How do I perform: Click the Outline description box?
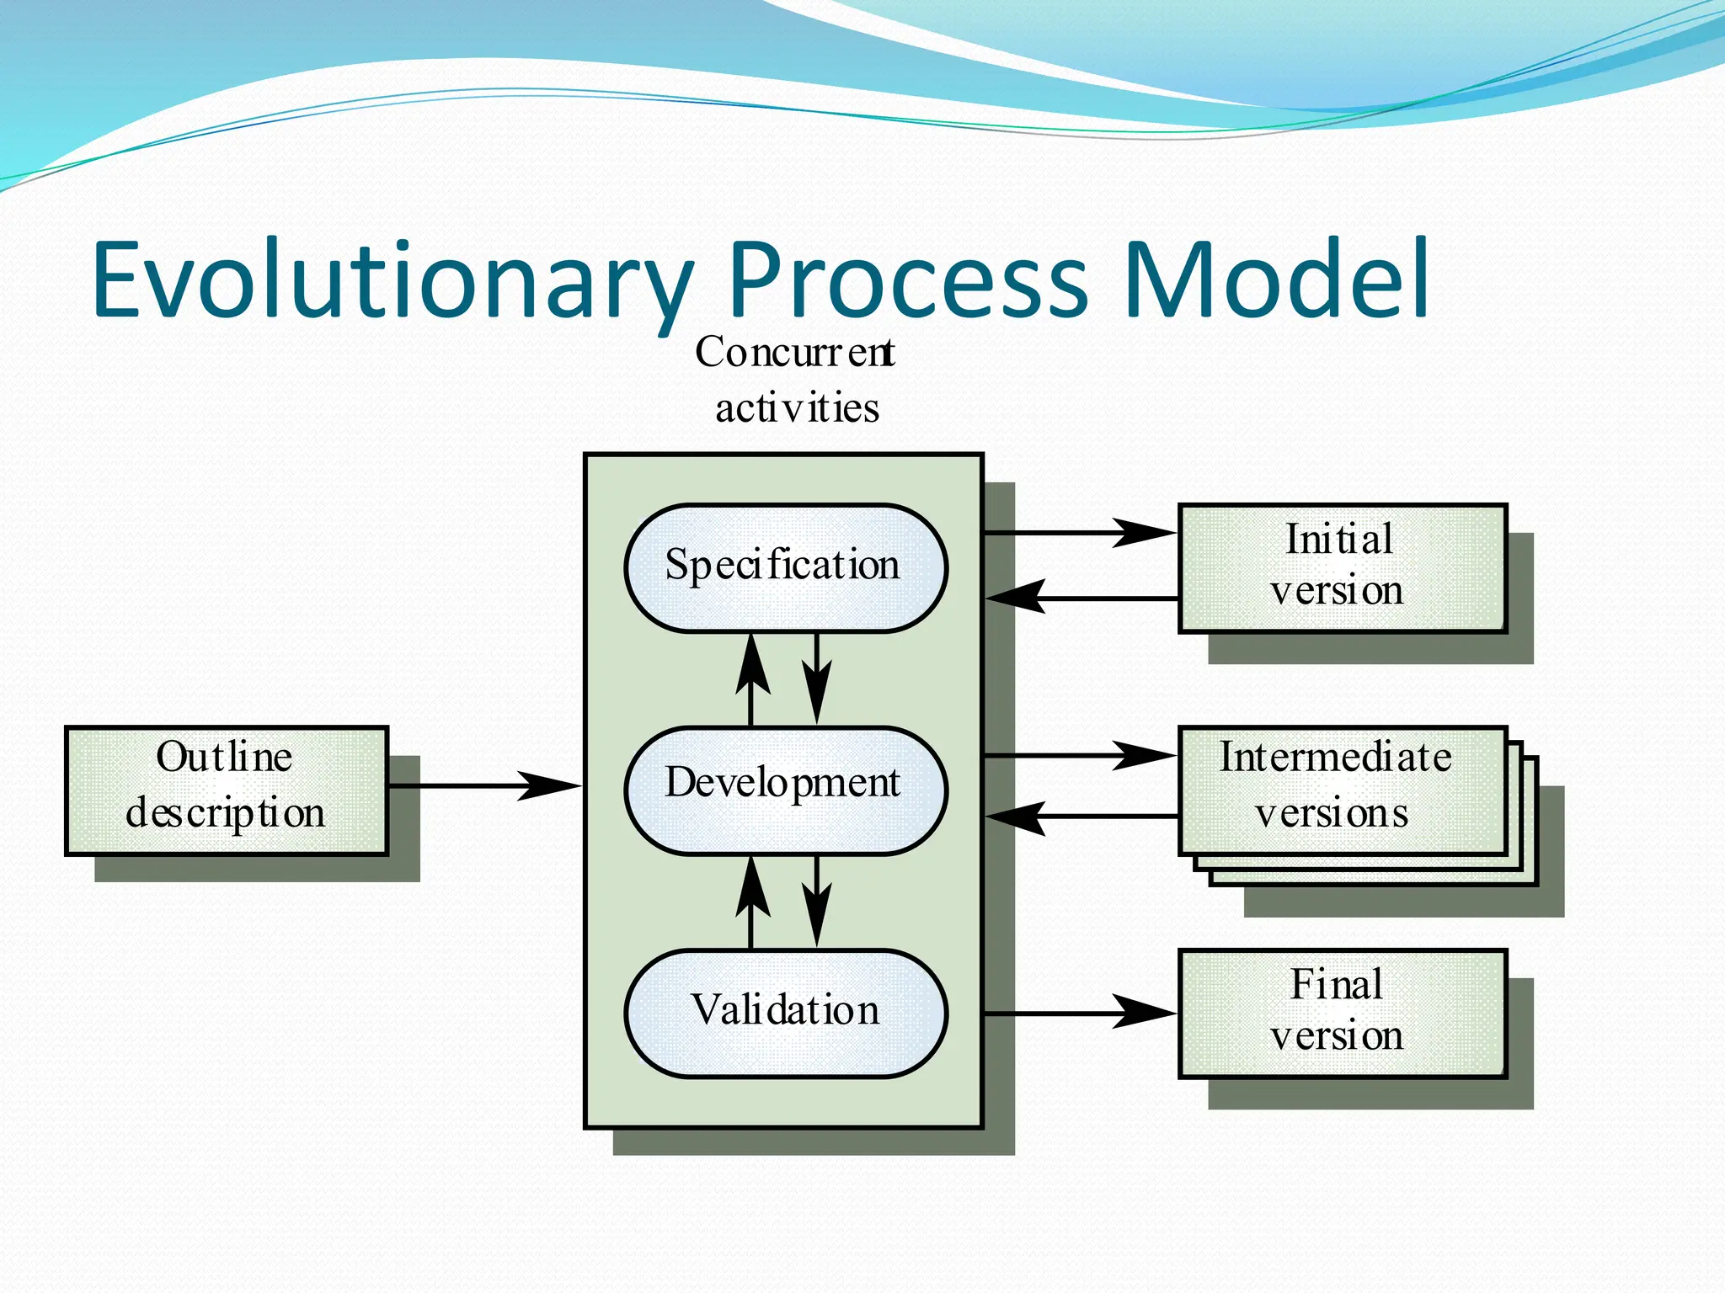[x=227, y=790]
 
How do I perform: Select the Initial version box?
[x=1342, y=567]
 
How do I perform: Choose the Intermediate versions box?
[x=1342, y=790]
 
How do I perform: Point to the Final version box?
[x=1342, y=1012]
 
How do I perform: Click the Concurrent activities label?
[x=795, y=380]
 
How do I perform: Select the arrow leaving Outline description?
[x=485, y=785]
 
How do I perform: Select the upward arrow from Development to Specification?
[x=751, y=678]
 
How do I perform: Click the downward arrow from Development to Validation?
[x=816, y=902]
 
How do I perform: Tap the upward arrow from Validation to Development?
[x=751, y=902]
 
